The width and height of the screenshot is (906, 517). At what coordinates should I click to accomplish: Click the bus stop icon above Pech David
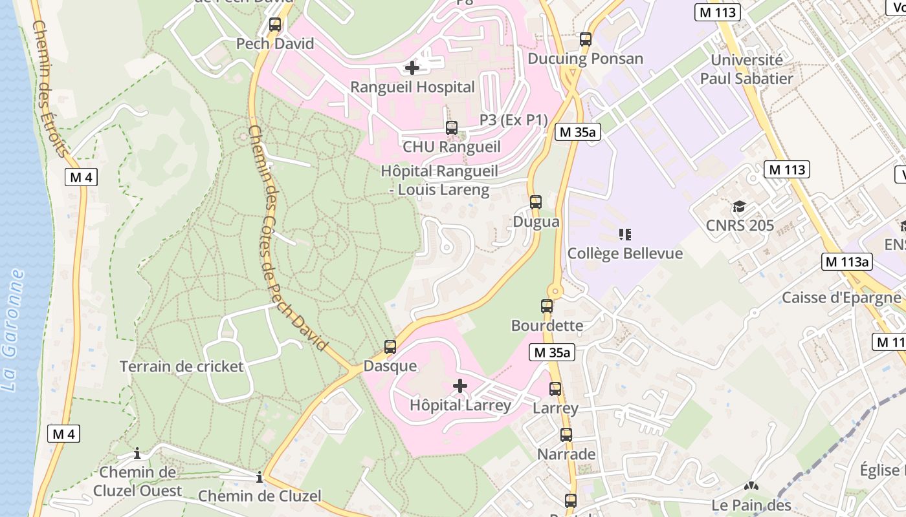click(x=275, y=25)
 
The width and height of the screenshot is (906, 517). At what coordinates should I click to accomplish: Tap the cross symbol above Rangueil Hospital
click(x=412, y=67)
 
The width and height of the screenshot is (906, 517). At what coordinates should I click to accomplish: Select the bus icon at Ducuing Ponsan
click(x=586, y=39)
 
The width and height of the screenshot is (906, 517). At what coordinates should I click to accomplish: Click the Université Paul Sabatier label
click(x=746, y=69)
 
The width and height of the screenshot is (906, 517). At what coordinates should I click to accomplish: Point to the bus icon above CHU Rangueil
click(x=452, y=128)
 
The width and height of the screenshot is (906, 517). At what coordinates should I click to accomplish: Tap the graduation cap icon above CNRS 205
click(x=739, y=207)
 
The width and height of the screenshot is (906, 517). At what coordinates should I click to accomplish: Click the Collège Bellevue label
click(x=624, y=253)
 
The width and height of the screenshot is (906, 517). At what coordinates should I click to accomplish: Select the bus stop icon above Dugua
click(x=536, y=202)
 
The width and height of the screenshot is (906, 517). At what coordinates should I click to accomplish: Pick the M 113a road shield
click(x=847, y=262)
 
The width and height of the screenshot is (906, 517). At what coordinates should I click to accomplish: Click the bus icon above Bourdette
click(x=547, y=306)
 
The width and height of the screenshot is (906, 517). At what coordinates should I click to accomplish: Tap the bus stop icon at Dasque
click(x=390, y=347)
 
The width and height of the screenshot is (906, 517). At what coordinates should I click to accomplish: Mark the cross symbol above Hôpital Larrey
click(x=460, y=386)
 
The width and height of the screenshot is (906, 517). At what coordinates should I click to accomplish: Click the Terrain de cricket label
click(x=182, y=367)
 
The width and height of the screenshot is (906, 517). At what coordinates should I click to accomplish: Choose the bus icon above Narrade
click(x=566, y=435)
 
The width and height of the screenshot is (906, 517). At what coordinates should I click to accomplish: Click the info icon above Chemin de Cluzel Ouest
click(x=137, y=454)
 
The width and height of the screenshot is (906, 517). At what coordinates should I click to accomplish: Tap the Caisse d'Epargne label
click(x=841, y=298)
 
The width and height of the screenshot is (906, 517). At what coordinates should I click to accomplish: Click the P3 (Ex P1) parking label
click(x=513, y=120)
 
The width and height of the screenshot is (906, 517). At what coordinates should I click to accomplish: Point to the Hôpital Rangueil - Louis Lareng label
click(x=439, y=180)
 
